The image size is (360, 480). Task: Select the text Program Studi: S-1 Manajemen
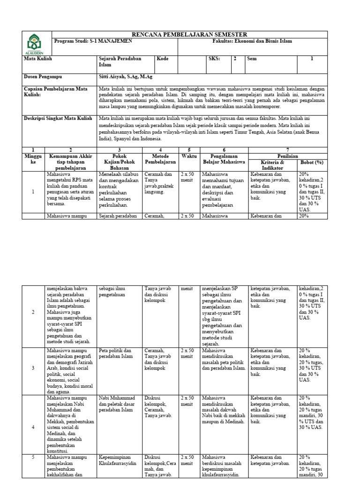click(93, 41)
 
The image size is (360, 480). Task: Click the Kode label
click(163, 59)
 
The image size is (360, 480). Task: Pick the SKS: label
click(214, 59)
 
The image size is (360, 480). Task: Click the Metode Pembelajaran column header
click(160, 158)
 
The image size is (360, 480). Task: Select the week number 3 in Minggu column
click(33, 368)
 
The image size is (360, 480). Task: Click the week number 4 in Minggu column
click(33, 427)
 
